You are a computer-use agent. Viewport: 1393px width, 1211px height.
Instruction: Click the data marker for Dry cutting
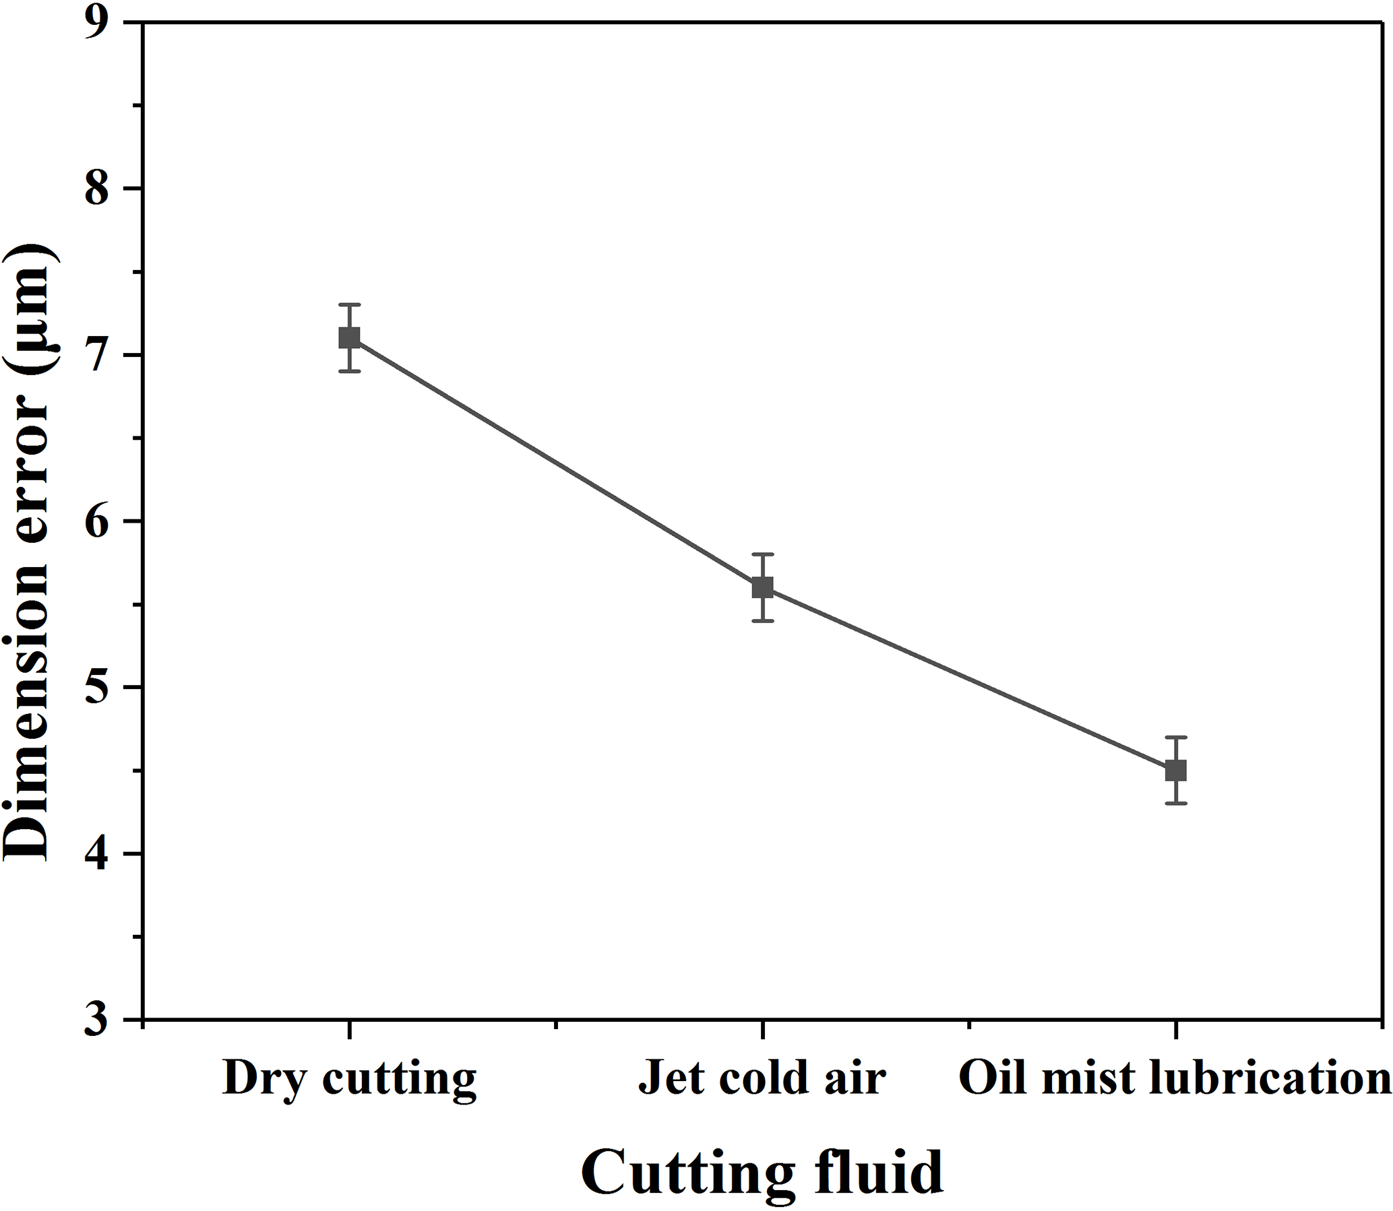point(349,337)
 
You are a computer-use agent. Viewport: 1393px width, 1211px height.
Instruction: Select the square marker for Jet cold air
point(762,587)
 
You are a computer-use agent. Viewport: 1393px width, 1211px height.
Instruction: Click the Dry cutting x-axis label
point(349,1078)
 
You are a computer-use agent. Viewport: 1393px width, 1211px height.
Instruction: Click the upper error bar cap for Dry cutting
point(349,305)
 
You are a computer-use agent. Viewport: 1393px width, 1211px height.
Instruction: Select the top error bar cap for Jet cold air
point(762,554)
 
